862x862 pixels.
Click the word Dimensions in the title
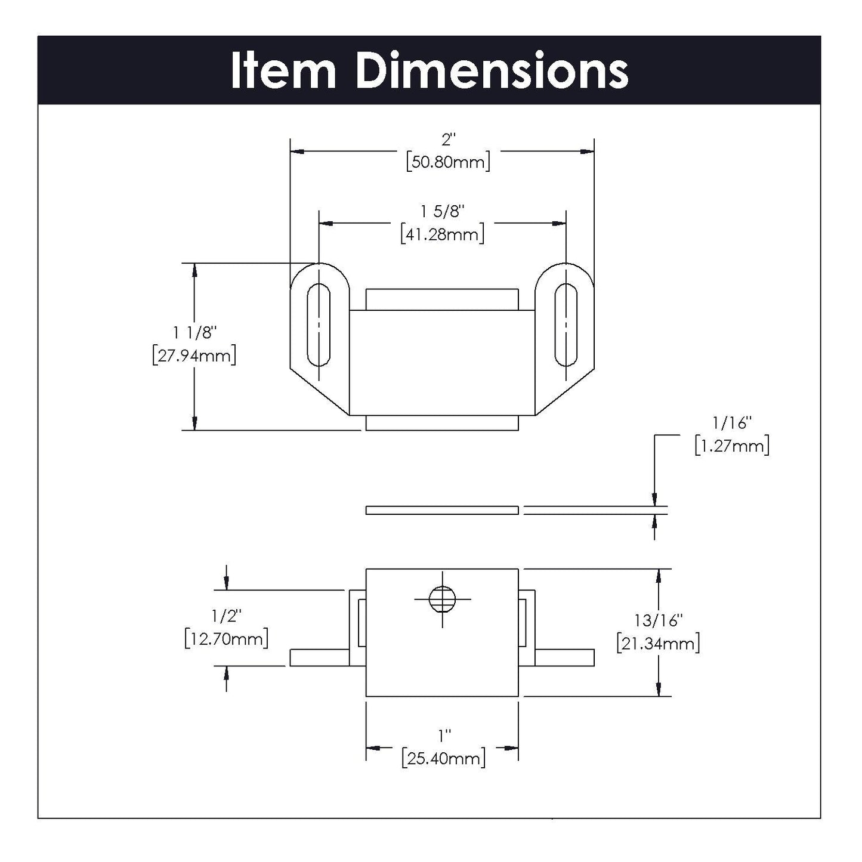(492, 72)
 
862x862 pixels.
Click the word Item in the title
(283, 72)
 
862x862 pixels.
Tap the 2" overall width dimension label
(447, 140)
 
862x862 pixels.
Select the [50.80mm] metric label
(447, 162)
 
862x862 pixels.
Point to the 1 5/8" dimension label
(442, 212)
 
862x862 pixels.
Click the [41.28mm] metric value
(442, 234)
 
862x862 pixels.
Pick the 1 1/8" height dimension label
(194, 332)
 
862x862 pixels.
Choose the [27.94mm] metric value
(194, 356)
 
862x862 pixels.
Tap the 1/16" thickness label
(732, 424)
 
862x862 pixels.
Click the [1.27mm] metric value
(732, 446)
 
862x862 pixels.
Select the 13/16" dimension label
(658, 620)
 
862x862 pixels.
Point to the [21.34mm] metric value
(658, 643)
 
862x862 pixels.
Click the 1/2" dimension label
(226, 615)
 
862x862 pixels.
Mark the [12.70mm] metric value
(226, 638)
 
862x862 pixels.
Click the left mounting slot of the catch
(319, 325)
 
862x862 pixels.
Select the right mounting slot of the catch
(566, 325)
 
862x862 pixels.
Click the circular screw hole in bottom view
(442, 598)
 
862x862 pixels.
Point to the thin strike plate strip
(442, 510)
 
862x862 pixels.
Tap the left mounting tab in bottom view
(319, 657)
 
